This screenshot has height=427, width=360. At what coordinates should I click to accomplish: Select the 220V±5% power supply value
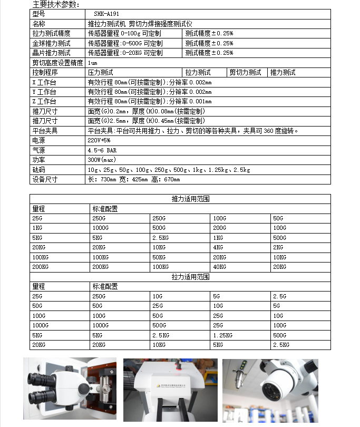click(x=99, y=141)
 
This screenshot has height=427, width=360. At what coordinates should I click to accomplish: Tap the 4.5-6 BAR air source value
click(x=102, y=150)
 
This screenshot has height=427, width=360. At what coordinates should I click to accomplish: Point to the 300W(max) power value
click(x=101, y=160)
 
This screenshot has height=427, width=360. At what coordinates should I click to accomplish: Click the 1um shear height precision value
click(x=93, y=63)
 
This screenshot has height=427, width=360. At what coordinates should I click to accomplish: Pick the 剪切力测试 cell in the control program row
click(x=246, y=72)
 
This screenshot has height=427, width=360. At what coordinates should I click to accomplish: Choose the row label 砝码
click(x=38, y=170)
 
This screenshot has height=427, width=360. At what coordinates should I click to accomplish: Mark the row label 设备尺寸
click(x=44, y=179)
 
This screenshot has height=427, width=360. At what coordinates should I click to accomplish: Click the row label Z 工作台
click(x=44, y=101)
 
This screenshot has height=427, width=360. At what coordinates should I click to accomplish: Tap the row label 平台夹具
click(x=44, y=131)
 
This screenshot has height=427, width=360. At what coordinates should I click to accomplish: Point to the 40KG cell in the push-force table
click(x=220, y=267)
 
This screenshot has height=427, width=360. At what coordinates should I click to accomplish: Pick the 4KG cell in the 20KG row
click(x=218, y=247)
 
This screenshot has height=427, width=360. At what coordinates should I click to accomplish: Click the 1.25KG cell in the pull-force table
click(x=222, y=335)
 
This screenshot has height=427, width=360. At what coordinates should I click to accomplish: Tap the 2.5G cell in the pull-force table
click(x=279, y=296)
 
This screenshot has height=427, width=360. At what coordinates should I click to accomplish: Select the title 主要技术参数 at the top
click(x=55, y=5)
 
